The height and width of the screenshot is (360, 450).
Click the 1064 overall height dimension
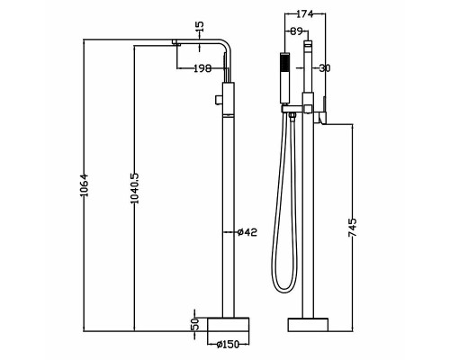(x=85, y=184)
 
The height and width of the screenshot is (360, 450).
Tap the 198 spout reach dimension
(x=202, y=68)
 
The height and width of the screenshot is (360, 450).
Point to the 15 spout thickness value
(x=200, y=26)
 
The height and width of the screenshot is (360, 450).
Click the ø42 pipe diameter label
(x=247, y=232)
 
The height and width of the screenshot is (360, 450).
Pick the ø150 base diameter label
(x=228, y=345)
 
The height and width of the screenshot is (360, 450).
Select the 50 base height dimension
(x=195, y=325)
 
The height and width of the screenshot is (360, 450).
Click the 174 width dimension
(x=305, y=13)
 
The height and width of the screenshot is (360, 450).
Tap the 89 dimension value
(x=296, y=31)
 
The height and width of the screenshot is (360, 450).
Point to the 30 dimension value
(x=325, y=68)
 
